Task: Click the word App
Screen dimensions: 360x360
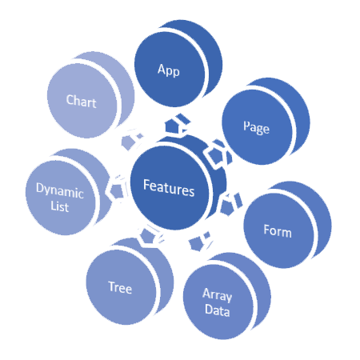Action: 169,70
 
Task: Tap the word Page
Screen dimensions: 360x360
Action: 256,127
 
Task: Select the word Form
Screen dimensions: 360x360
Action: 278,230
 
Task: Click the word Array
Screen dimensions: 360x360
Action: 218,295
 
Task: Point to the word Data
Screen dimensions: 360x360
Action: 218,310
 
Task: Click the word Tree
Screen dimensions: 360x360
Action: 120,287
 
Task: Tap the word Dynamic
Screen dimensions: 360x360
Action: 60,190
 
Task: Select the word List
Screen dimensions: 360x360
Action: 60,206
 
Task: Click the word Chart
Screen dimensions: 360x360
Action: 82,101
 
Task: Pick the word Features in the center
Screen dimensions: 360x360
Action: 169,188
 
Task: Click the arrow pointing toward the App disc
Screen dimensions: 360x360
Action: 177,124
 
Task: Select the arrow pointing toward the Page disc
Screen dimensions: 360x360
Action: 218,154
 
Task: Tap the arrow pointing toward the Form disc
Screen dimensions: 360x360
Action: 230,204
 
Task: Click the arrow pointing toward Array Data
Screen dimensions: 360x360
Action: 199,241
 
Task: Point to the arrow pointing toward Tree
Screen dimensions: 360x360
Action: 150,236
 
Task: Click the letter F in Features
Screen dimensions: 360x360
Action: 146,185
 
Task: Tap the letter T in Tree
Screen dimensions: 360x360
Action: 112,286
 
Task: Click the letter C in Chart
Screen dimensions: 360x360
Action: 70,100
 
